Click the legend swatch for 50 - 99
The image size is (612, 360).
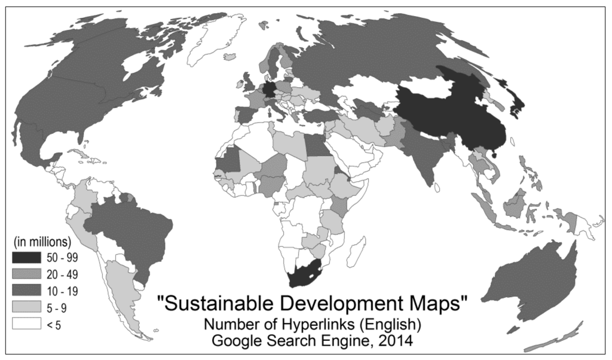tap(25, 258)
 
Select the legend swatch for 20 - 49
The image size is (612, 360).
tap(25, 274)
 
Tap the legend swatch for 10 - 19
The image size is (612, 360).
tap(25, 291)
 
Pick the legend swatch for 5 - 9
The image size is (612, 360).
tap(25, 307)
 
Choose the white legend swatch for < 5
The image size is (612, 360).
tap(25, 323)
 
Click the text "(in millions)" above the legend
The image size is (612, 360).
tap(42, 243)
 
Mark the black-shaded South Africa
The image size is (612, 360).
tap(306, 275)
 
